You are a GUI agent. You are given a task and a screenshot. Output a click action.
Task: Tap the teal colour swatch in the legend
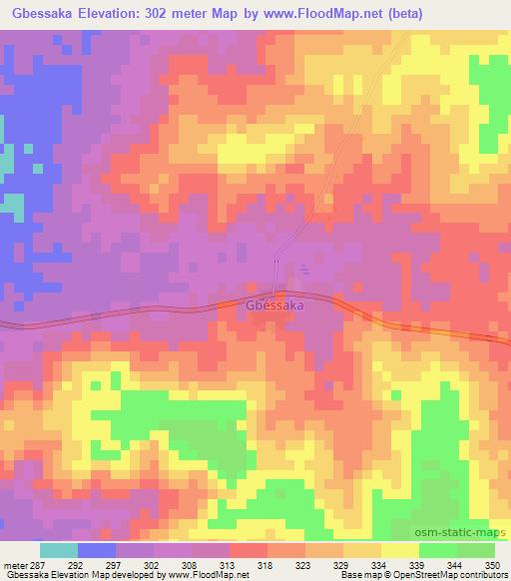point(59,550)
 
